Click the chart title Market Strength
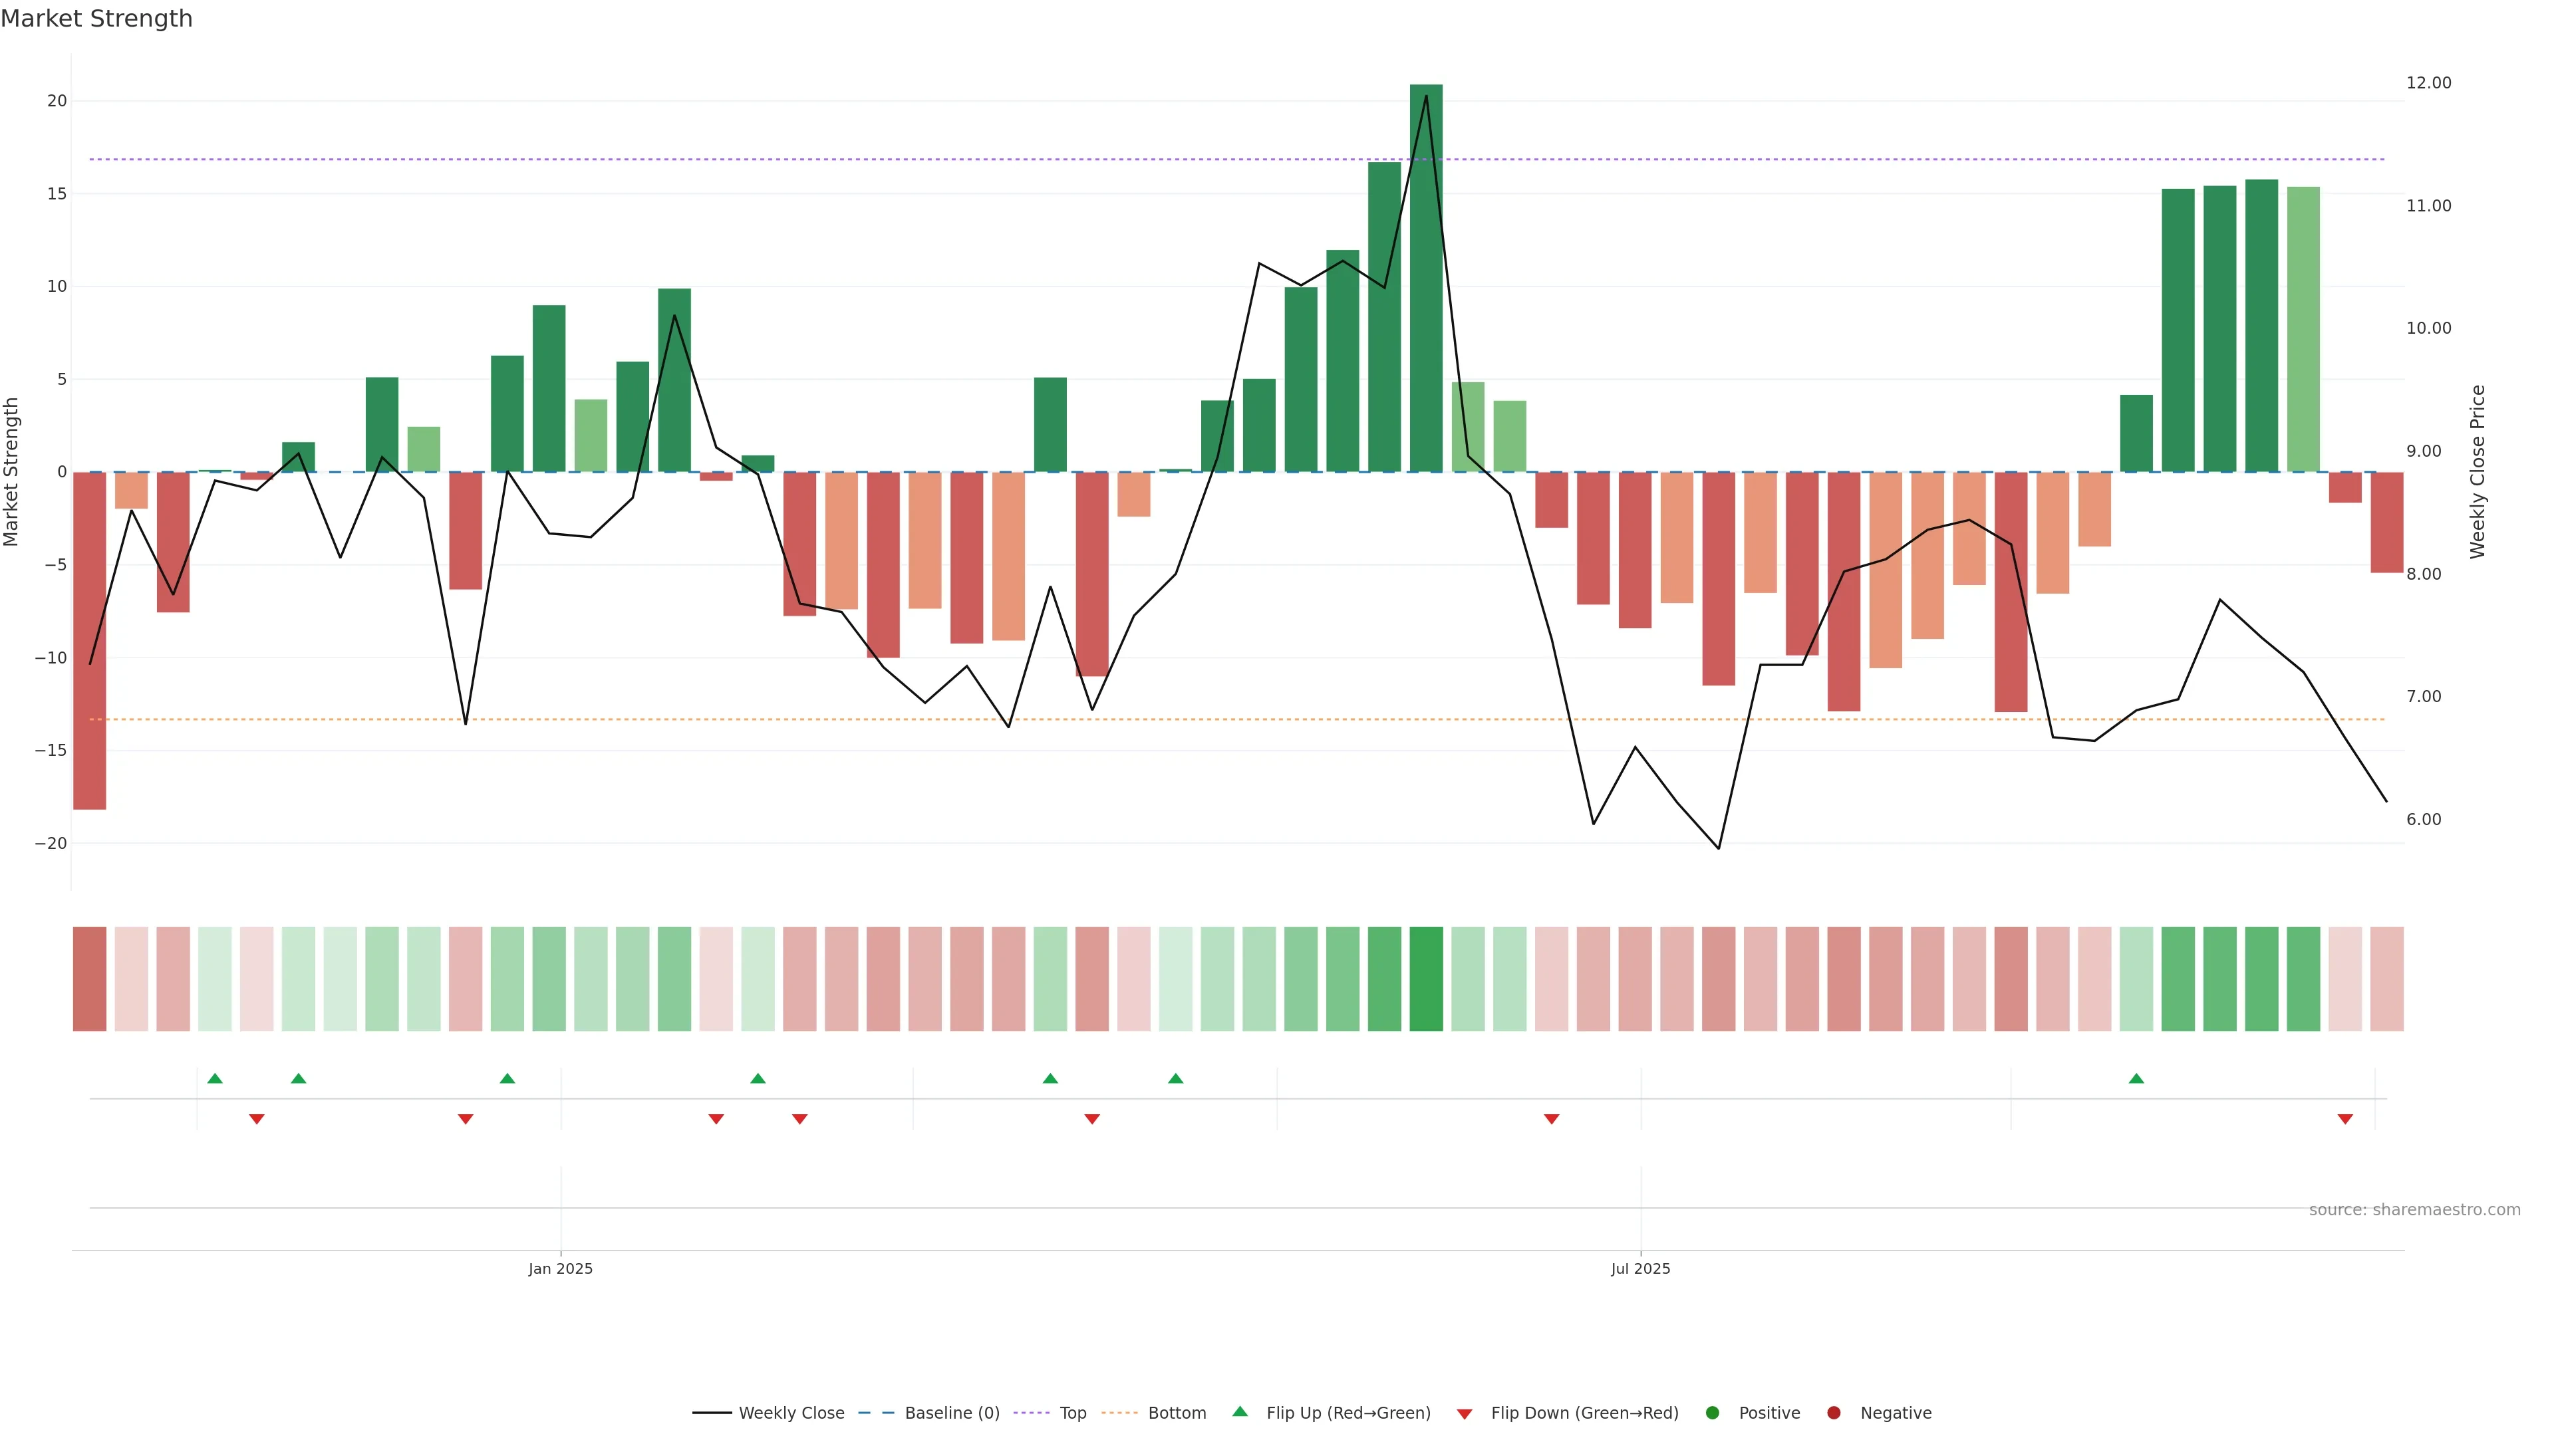click(x=96, y=19)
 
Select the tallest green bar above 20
click(x=1426, y=277)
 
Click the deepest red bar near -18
click(x=89, y=640)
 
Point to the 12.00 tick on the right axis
click(x=2428, y=83)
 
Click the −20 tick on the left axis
click(x=51, y=844)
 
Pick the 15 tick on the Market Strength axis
click(x=57, y=194)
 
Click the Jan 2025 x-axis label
click(x=560, y=1268)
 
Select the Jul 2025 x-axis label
click(x=1640, y=1268)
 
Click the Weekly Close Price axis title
click(x=2478, y=472)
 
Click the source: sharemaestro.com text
click(x=2414, y=1210)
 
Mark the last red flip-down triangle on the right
click(x=2344, y=1119)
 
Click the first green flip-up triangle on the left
click(x=215, y=1078)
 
